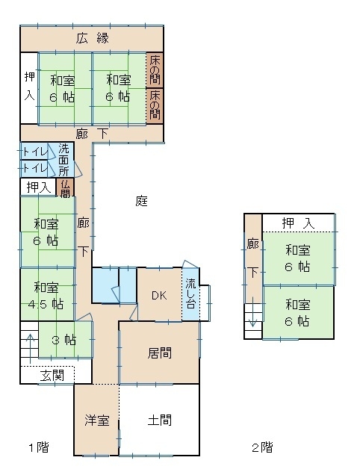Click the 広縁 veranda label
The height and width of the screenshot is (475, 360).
(92, 39)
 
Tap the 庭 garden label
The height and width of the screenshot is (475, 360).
(141, 201)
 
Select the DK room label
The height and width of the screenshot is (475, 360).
(159, 295)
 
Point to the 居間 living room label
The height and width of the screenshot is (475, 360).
(160, 353)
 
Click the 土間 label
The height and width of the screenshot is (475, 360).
(160, 420)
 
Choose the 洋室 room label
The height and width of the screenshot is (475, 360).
(97, 420)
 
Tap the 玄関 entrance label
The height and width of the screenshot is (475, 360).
(52, 376)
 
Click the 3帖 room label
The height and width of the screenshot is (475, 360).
(64, 341)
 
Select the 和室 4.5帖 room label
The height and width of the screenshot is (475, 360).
(46, 295)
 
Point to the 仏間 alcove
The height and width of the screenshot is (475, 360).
(65, 187)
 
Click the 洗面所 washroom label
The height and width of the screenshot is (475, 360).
(63, 160)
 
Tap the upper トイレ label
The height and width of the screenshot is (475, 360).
(35, 152)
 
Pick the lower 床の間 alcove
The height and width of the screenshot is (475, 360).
(155, 105)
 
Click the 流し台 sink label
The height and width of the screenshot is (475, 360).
(190, 294)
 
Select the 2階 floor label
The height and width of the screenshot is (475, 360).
(262, 447)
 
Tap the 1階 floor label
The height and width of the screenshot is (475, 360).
(39, 447)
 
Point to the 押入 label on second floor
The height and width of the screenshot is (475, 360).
(299, 223)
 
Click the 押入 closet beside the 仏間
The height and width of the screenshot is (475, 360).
(39, 187)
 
